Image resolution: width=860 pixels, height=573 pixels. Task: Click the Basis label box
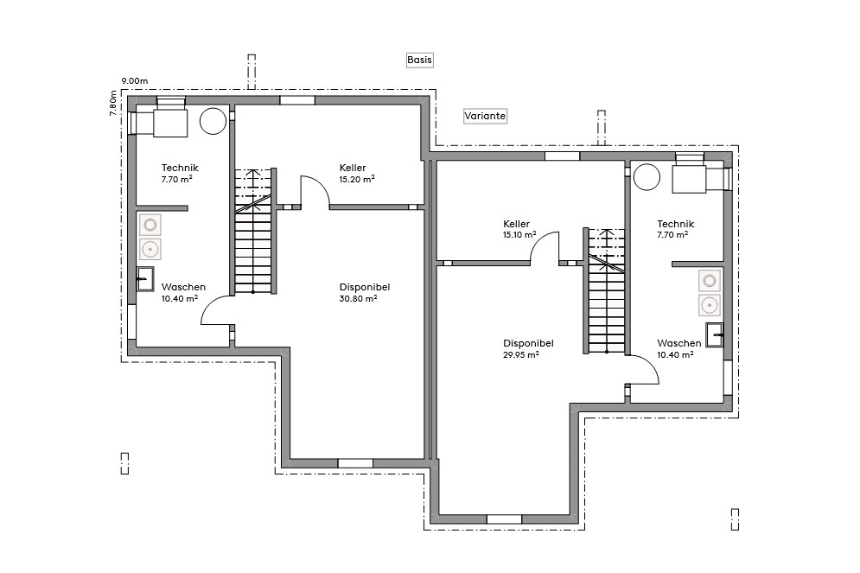click(419, 60)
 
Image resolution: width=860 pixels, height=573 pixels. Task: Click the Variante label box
click(485, 116)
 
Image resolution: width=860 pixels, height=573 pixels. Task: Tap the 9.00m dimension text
click(135, 81)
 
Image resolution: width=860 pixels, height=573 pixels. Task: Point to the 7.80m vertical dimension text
click(112, 104)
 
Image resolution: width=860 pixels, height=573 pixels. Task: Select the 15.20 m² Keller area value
click(357, 179)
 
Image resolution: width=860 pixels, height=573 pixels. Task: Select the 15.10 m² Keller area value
click(519, 234)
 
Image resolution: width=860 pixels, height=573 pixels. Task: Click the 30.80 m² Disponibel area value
click(358, 298)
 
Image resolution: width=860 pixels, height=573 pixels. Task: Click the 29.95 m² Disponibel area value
click(521, 354)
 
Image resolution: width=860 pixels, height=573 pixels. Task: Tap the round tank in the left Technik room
click(213, 121)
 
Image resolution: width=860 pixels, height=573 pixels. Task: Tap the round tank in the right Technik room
click(646, 177)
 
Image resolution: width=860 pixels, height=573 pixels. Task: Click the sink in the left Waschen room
click(145, 279)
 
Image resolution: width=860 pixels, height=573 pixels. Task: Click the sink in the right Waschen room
click(714, 334)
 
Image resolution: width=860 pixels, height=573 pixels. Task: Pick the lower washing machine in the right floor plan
click(710, 304)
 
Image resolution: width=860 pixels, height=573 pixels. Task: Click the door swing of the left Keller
click(314, 191)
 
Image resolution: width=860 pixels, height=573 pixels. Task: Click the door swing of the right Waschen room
click(644, 370)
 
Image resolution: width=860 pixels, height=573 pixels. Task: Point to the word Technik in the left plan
click(180, 168)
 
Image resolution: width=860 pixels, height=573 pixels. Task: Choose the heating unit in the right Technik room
click(689, 179)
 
